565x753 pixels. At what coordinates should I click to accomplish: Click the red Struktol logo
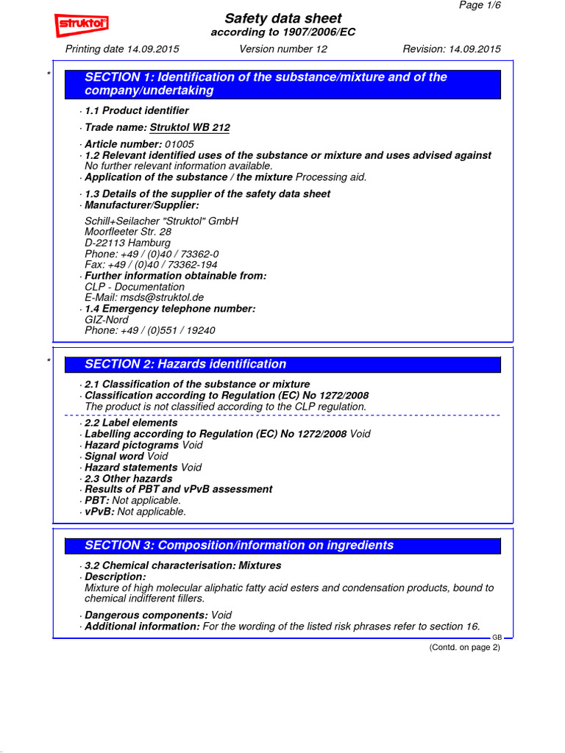click(82, 26)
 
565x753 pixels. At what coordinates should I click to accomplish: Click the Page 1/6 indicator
click(480, 5)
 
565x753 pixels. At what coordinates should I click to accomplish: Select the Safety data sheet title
click(282, 18)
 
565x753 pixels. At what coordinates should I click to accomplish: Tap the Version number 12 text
click(283, 49)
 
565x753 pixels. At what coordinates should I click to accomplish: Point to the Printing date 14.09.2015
click(122, 49)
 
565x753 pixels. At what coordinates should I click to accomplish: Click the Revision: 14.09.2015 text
click(451, 49)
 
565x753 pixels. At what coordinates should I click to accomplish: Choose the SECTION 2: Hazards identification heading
click(185, 364)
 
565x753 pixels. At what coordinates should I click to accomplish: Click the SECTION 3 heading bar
click(282, 546)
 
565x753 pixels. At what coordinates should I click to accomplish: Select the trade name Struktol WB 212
click(190, 128)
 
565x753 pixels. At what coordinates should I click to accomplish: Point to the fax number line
click(151, 265)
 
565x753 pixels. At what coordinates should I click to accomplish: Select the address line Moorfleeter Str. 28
click(128, 232)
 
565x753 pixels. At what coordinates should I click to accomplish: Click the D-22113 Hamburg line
click(127, 243)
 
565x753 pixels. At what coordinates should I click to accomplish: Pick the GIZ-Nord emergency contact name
click(107, 320)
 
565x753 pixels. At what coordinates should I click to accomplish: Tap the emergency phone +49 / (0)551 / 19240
click(150, 331)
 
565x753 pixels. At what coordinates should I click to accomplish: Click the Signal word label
click(115, 457)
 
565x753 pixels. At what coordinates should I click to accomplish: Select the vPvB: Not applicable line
click(135, 512)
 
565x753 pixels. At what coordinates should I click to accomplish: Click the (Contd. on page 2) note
click(464, 647)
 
